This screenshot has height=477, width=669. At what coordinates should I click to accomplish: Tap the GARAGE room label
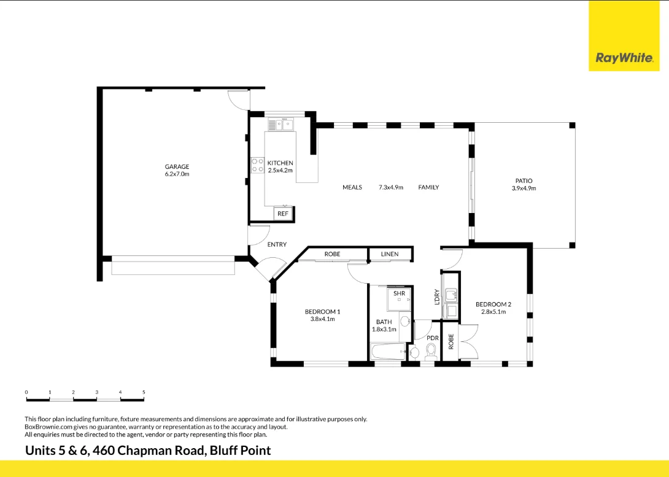[177, 167]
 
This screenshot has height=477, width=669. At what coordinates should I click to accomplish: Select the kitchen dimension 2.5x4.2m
[280, 171]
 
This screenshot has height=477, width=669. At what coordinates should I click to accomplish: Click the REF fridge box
[283, 214]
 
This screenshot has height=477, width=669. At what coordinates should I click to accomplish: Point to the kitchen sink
[280, 125]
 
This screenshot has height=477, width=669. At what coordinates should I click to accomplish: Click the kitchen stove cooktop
[257, 165]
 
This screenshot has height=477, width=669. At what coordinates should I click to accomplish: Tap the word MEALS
[352, 187]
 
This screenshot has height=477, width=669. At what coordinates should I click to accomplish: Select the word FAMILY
[428, 187]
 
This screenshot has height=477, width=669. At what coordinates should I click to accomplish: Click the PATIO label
[524, 181]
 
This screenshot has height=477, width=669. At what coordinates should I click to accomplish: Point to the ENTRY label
[277, 244]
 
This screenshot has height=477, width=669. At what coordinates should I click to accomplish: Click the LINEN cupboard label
[390, 254]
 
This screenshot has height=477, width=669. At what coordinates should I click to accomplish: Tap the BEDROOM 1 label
[322, 312]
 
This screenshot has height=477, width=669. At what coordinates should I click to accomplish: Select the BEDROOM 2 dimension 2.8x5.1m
[493, 312]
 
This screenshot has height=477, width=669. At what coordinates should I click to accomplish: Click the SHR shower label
[400, 294]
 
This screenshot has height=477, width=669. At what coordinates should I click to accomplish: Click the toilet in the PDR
[430, 351]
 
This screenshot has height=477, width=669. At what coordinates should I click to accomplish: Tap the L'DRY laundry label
[437, 297]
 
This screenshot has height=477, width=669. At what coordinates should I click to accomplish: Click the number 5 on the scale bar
[144, 392]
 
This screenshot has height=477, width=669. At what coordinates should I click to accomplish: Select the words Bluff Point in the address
[240, 451]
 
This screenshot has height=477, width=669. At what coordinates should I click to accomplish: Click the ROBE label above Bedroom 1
[332, 254]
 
